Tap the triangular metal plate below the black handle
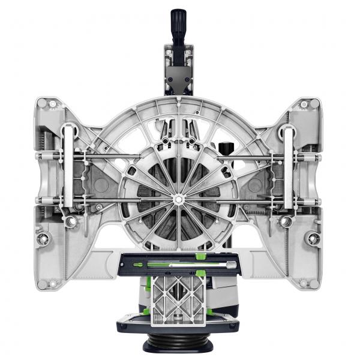(x=179, y=75)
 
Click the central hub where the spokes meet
(x=179, y=197)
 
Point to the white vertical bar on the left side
(x=68, y=166)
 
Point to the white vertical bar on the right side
(x=289, y=166)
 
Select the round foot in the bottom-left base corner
(x=52, y=283)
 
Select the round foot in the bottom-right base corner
(x=306, y=283)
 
